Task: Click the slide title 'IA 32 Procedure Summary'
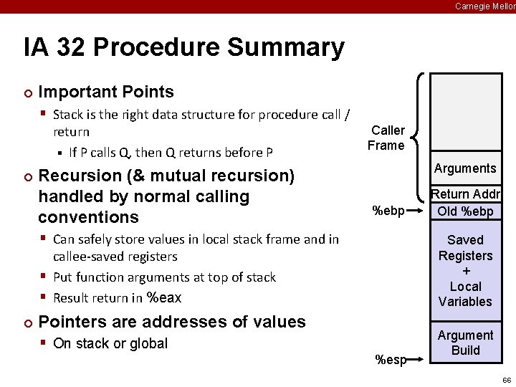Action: (183, 48)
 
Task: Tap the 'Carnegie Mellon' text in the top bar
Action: (484, 6)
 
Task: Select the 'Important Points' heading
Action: (105, 92)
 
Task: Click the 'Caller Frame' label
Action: (387, 138)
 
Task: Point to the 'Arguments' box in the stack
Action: (465, 168)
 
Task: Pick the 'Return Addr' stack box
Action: (465, 194)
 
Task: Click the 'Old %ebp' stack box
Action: (465, 211)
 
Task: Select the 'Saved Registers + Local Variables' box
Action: (465, 270)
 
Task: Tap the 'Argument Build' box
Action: (465, 343)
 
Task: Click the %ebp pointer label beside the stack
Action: (388, 211)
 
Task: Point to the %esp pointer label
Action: (391, 360)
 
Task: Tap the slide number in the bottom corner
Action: (506, 380)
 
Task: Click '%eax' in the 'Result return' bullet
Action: (164, 297)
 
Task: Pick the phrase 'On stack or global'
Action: (110, 343)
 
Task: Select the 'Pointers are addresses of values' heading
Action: (171, 322)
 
